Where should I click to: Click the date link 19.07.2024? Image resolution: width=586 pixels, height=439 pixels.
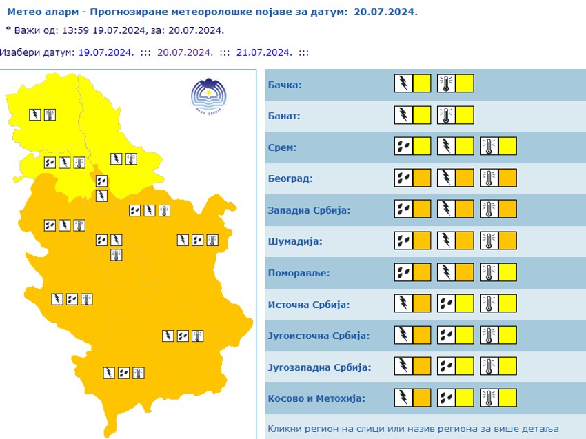pos(105,52)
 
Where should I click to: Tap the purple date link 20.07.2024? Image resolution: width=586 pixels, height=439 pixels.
pos(185,52)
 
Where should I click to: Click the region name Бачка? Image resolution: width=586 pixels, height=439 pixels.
pos(283,85)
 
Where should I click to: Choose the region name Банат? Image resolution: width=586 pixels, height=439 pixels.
pos(283,116)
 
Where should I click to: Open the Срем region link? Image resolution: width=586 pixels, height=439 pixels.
pos(281,147)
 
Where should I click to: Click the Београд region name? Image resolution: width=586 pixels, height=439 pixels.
pos(290,178)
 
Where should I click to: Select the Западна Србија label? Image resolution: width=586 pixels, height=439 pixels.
pos(308,210)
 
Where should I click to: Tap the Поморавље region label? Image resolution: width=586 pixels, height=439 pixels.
pos(298,272)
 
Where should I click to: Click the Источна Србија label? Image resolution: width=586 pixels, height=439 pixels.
pos(308,304)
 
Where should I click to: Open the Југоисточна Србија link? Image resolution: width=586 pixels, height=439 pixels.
pos(318,336)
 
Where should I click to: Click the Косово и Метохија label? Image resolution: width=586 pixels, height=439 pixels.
pos(315,398)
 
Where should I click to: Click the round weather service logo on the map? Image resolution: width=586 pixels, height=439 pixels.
pos(208,96)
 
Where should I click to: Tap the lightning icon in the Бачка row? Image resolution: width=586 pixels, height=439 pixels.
pos(403,84)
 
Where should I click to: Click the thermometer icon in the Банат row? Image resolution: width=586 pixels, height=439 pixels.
pos(445,115)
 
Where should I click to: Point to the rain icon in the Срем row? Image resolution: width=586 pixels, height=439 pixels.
pos(403,147)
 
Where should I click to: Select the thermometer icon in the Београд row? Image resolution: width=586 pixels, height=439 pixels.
pos(488,178)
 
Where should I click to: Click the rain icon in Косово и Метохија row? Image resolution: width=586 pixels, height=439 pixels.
pos(445,397)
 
